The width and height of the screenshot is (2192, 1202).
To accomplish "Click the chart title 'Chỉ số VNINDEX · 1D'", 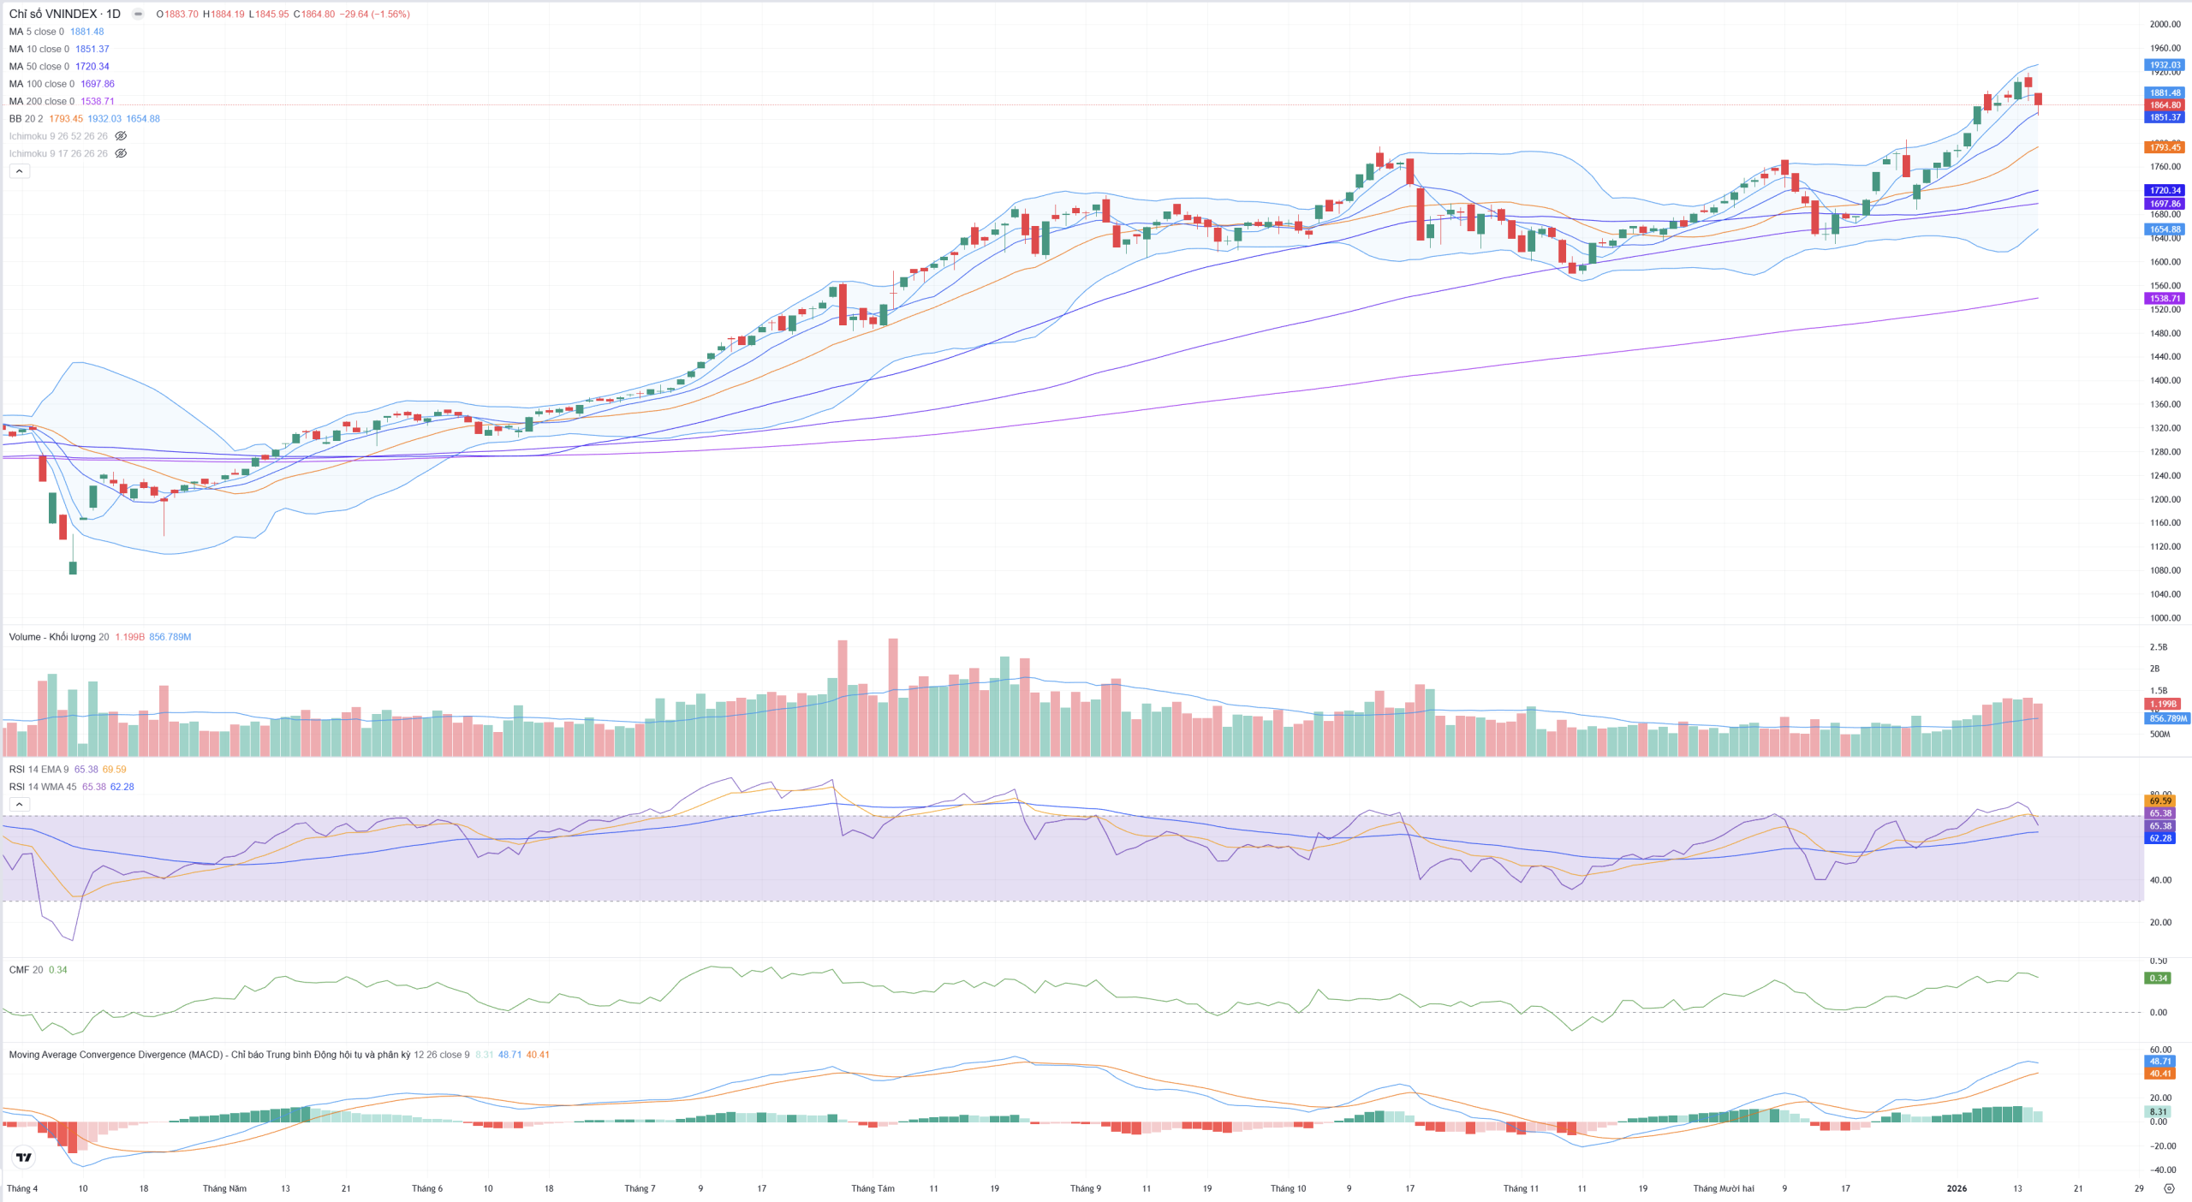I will tap(64, 14).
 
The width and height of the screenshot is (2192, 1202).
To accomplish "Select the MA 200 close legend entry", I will tap(41, 101).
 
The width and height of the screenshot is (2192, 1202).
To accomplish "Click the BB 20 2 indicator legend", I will tap(26, 119).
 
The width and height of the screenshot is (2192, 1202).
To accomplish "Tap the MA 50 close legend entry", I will tap(39, 67).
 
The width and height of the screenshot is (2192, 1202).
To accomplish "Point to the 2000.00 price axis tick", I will tap(2165, 24).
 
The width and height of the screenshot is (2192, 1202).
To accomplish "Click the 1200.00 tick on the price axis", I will tap(2165, 499).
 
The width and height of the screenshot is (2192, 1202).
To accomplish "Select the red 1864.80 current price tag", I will tap(2165, 105).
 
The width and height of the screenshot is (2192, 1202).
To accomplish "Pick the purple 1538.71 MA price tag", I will tap(2165, 299).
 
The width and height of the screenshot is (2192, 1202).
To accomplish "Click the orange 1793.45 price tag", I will tap(2165, 147).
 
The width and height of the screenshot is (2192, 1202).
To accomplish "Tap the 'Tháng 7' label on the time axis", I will tap(640, 1188).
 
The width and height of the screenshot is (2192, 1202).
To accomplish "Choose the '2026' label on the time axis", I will tap(1957, 1188).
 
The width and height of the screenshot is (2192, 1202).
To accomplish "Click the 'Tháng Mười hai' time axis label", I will tap(1724, 1188).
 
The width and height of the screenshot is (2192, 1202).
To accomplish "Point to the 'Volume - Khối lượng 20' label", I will tap(58, 637).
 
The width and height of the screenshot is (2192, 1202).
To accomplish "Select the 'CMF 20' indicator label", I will tap(26, 970).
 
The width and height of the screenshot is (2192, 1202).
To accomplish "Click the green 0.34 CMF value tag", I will tap(2158, 978).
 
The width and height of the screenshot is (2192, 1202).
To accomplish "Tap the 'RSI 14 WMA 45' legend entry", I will tap(42, 787).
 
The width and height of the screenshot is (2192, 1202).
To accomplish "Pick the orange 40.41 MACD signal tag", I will tap(2159, 1074).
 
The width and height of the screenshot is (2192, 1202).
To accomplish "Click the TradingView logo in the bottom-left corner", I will tap(24, 1157).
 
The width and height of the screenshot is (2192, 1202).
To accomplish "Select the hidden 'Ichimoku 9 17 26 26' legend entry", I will tap(58, 154).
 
